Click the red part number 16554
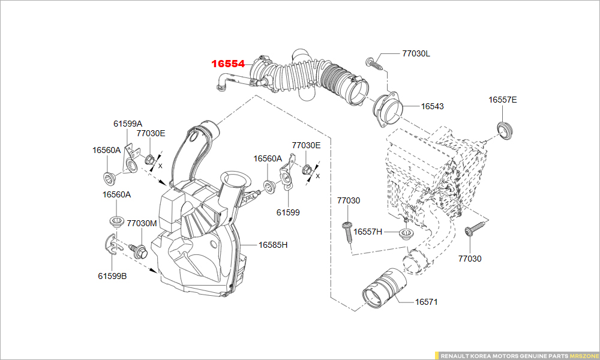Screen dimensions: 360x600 (x=227, y=64)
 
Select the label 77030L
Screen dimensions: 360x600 (x=416, y=53)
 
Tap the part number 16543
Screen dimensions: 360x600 (x=432, y=106)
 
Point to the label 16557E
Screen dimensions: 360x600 (x=502, y=100)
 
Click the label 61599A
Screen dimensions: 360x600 (x=128, y=124)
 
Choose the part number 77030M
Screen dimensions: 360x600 (x=142, y=223)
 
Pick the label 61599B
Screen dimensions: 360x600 (x=112, y=276)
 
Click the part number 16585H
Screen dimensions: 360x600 (x=273, y=245)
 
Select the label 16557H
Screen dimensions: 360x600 (x=367, y=232)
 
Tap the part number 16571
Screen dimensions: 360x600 (x=426, y=302)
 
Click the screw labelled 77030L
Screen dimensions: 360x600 (x=373, y=62)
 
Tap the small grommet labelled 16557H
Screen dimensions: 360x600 (x=406, y=233)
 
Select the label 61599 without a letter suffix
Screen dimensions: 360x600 (x=288, y=212)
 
